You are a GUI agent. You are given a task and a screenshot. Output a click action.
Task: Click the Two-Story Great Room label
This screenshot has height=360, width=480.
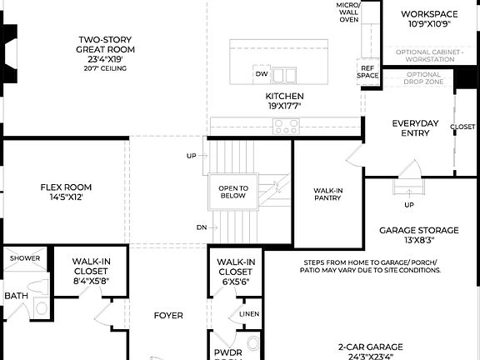107,50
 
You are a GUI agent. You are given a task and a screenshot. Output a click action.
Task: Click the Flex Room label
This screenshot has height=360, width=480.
66,192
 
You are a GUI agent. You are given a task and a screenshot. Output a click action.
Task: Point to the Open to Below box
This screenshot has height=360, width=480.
233,192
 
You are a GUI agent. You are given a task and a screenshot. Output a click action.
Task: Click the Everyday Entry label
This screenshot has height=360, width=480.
415,128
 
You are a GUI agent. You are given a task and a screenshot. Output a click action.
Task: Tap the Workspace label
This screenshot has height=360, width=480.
429,19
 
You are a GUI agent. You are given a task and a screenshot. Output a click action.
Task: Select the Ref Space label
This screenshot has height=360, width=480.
367,72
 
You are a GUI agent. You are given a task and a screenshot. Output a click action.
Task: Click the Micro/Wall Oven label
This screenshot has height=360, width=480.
348,12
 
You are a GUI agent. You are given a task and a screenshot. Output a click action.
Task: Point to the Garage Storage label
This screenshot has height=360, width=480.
418,235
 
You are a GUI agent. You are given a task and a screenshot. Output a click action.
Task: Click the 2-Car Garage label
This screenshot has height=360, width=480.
370,351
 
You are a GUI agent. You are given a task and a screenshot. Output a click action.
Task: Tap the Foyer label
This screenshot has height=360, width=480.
168,316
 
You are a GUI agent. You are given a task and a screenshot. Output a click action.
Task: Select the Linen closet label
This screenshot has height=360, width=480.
249,313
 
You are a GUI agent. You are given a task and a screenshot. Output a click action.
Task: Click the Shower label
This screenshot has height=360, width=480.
24,258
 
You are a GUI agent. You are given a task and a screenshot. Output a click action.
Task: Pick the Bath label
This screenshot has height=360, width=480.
16,296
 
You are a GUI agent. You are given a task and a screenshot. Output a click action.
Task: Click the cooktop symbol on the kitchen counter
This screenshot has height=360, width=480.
287,127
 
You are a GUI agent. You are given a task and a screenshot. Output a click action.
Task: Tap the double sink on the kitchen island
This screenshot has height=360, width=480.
284,76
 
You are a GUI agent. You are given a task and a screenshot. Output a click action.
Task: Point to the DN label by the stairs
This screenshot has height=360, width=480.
201,227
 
